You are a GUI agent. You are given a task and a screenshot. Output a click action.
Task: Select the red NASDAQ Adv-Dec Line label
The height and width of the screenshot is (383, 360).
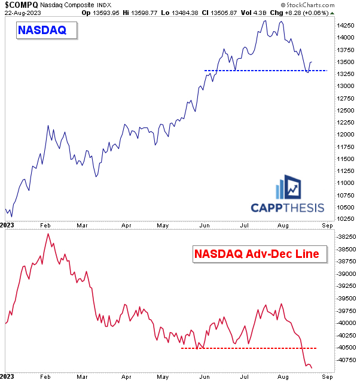(x=260, y=254)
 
